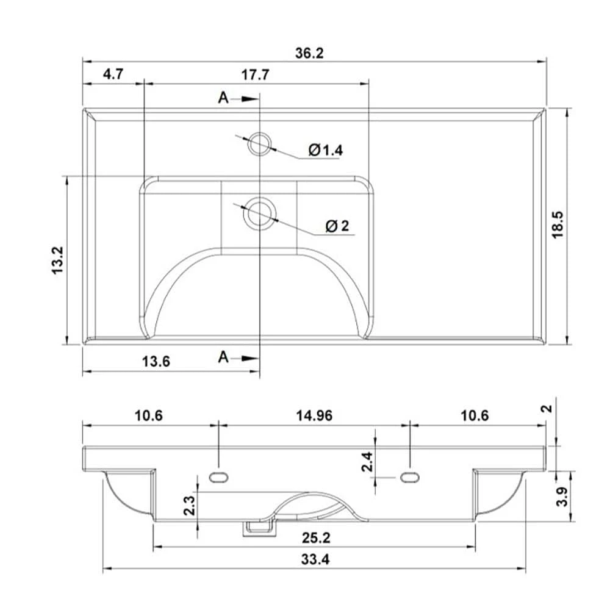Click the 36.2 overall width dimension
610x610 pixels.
pyautogui.click(x=309, y=53)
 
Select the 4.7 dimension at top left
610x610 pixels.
pyautogui.click(x=113, y=75)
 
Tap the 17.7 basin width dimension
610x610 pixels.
pyautogui.click(x=256, y=75)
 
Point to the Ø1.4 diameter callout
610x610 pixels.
pyautogui.click(x=325, y=150)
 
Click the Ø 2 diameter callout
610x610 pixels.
pyautogui.click(x=337, y=226)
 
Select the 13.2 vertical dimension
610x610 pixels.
pyautogui.click(x=58, y=260)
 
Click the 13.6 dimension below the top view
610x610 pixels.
pyautogui.click(x=156, y=361)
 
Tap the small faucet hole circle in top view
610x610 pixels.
pyautogui.click(x=259, y=144)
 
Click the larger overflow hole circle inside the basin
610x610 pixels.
pyautogui.click(x=259, y=213)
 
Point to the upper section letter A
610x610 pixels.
pyautogui.click(x=224, y=98)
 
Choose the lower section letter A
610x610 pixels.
pyautogui.click(x=224, y=357)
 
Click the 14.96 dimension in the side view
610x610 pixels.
pyautogui.click(x=314, y=416)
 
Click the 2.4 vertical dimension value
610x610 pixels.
pyautogui.click(x=367, y=462)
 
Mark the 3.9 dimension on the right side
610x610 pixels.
pyautogui.click(x=563, y=497)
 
